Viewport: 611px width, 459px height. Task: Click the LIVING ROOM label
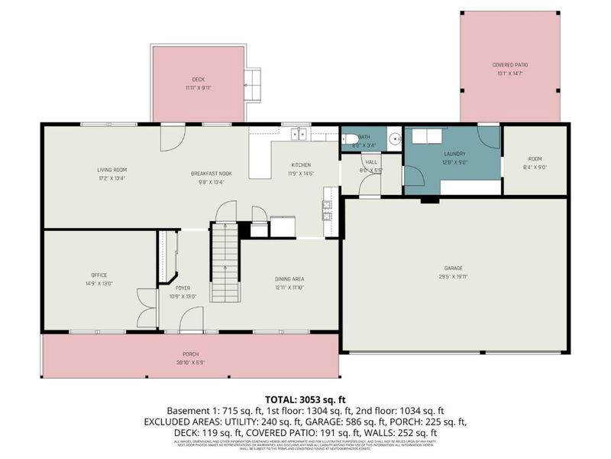click(x=112, y=170)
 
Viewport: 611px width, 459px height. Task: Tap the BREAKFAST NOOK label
click(x=211, y=174)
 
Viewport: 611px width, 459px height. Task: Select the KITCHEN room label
click(x=301, y=165)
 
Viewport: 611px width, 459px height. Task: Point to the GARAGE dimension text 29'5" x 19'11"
click(x=454, y=277)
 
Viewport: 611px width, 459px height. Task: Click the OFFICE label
click(x=99, y=275)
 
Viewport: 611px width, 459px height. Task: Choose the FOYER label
click(x=183, y=288)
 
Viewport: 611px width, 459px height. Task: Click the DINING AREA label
click(x=289, y=279)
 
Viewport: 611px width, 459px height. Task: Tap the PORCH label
click(x=190, y=354)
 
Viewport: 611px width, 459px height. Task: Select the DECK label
click(x=198, y=80)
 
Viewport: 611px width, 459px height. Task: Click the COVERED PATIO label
click(x=509, y=65)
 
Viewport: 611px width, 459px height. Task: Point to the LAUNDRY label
click(x=454, y=153)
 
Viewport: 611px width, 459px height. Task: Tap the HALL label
click(x=371, y=162)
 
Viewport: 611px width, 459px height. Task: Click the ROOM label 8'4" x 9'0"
click(x=535, y=158)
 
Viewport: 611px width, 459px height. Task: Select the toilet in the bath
click(x=348, y=139)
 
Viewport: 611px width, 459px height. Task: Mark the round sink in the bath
click(x=394, y=139)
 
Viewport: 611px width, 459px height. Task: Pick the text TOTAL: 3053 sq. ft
click(x=305, y=399)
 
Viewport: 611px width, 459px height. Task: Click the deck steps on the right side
click(x=253, y=82)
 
